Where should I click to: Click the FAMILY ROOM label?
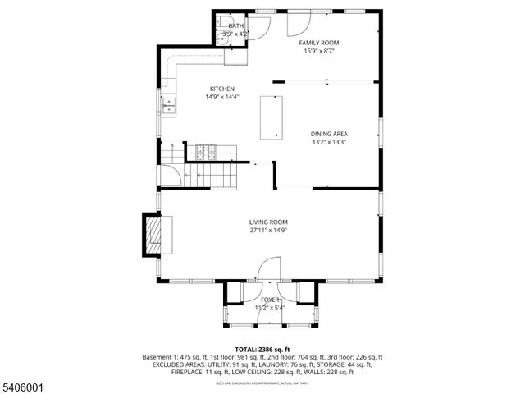click(318, 42)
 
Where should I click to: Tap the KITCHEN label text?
click(221, 89)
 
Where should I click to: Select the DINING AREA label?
click(328, 134)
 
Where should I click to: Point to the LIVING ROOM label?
click(268, 222)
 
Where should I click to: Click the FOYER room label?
click(270, 300)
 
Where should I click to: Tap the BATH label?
click(236, 26)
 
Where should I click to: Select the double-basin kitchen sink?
click(169, 104)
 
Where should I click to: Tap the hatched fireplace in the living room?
click(153, 236)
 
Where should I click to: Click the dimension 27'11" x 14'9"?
click(268, 231)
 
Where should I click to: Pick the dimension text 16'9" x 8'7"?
click(318, 51)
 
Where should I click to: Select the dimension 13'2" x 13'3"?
click(328, 142)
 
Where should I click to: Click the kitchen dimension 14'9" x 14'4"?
click(221, 97)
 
